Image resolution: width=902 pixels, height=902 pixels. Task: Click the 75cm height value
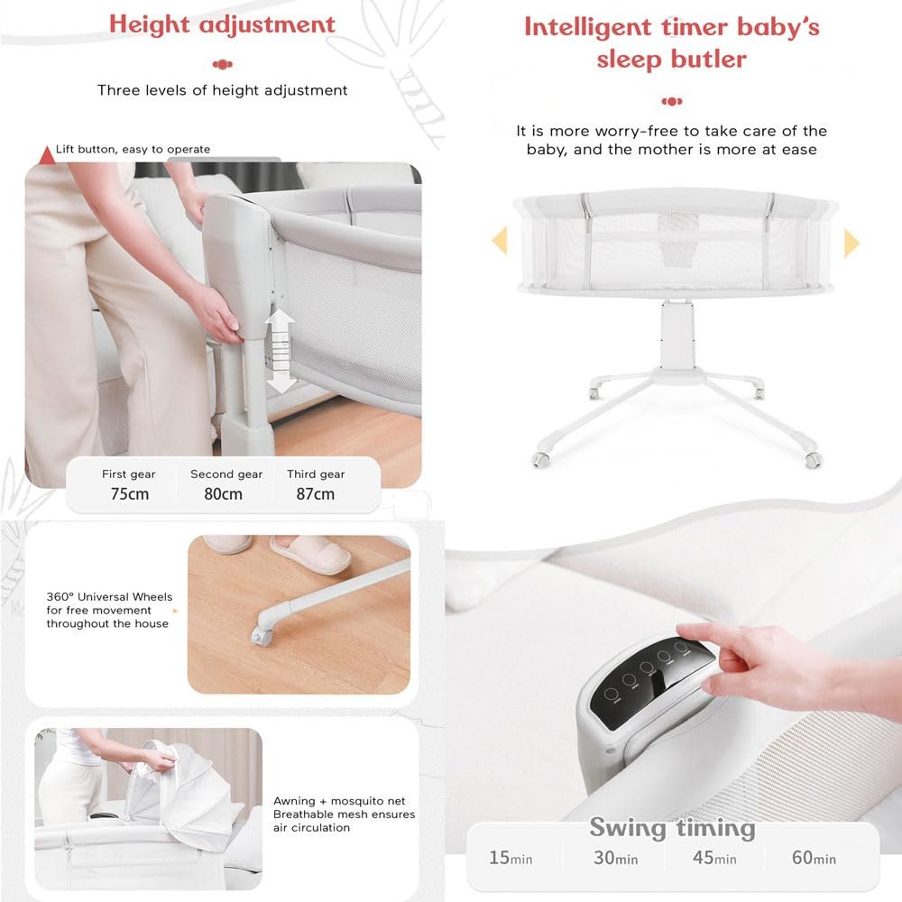click(x=129, y=493)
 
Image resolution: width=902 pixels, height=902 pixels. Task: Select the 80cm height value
click(x=223, y=493)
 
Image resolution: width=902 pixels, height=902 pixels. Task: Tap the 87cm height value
click(x=315, y=493)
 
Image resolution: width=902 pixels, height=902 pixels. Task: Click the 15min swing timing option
click(x=511, y=858)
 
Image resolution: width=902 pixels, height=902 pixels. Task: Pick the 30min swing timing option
click(x=615, y=858)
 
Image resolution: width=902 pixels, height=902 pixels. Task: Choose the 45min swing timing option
click(x=714, y=858)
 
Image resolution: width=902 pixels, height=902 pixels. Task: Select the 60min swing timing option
click(x=814, y=858)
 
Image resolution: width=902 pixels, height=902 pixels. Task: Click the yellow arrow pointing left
click(x=500, y=240)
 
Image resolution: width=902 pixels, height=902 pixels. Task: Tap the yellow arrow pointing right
click(x=851, y=243)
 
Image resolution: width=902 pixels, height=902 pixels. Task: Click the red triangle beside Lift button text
click(x=47, y=156)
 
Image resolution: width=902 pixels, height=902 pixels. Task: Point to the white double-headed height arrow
click(x=281, y=351)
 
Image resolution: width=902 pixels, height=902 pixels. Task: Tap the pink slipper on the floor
click(x=311, y=553)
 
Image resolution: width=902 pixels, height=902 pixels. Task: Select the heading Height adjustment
click(x=222, y=24)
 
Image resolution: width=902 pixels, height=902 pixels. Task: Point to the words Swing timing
click(x=672, y=828)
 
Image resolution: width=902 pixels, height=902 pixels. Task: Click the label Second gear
click(x=226, y=474)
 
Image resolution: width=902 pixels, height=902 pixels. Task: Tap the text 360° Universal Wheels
click(x=109, y=596)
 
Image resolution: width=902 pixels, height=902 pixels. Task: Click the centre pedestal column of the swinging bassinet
click(x=677, y=336)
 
